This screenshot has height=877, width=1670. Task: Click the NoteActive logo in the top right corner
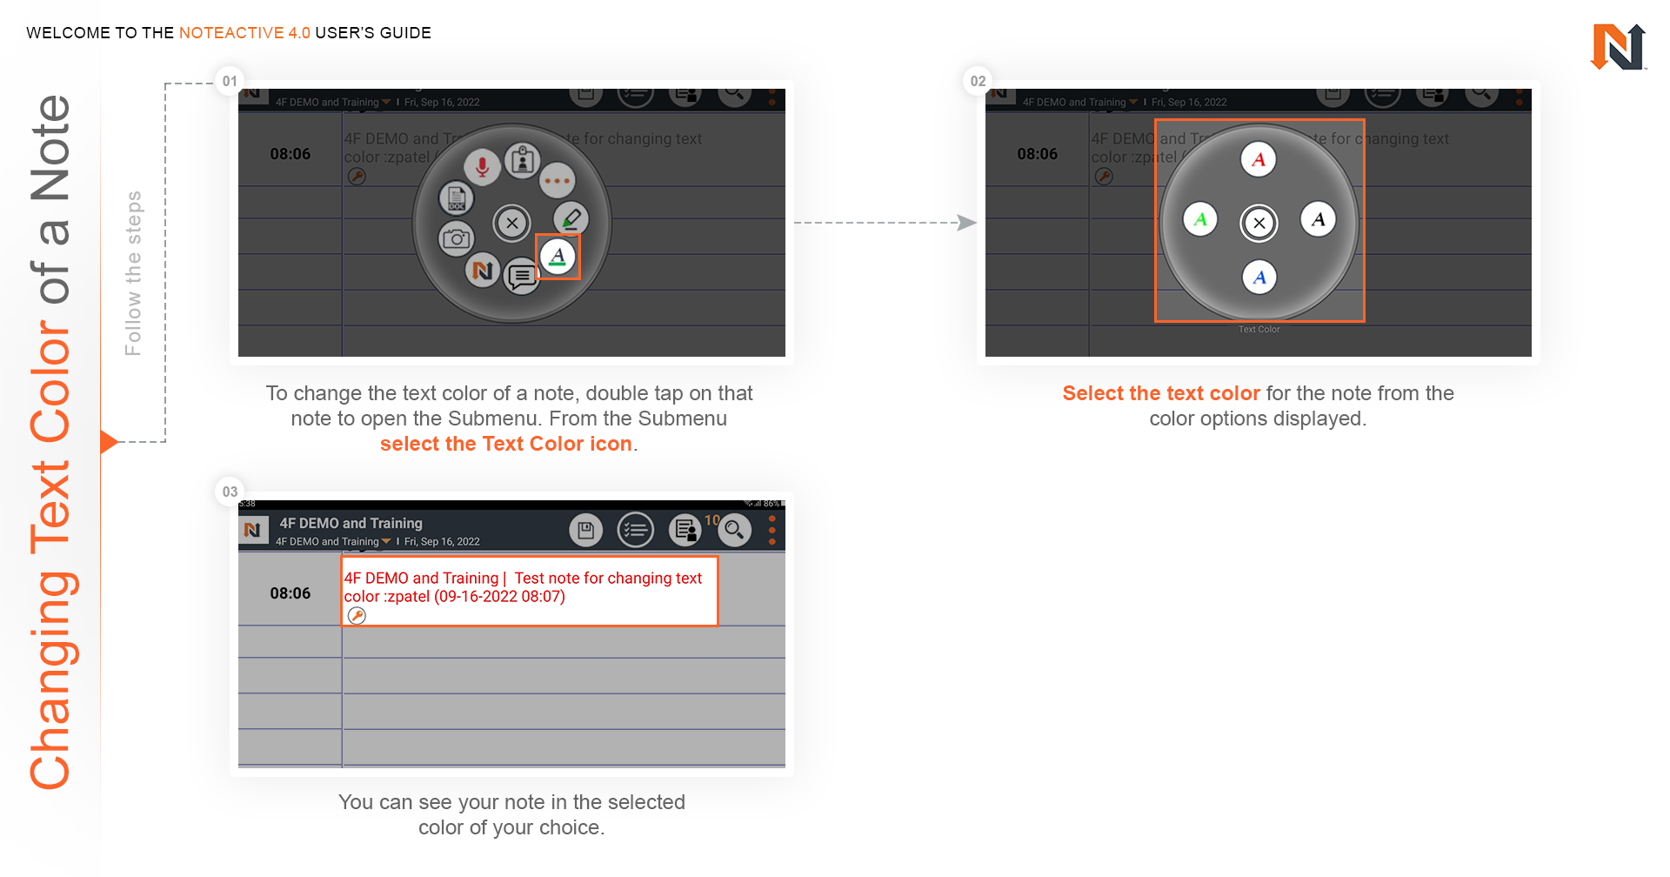pos(1618,47)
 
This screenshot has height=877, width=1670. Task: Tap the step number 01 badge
pos(230,81)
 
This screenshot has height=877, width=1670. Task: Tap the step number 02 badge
pos(978,81)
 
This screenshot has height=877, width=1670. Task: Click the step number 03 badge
pos(230,492)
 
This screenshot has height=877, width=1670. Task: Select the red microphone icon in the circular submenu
pos(482,165)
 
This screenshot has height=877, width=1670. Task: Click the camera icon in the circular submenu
pos(456,238)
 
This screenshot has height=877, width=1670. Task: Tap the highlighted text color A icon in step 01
pos(558,257)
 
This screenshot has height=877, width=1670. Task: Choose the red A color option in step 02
pos(1258,160)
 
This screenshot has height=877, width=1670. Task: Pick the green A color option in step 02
pos(1200,219)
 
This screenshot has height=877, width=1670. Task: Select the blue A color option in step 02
pos(1259,278)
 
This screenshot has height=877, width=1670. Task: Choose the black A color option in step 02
pos(1318,219)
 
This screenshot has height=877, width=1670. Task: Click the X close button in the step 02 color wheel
pos(1259,223)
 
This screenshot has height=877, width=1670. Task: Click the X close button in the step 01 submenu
pos(512,223)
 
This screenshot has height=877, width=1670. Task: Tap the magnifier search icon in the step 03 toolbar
pos(734,529)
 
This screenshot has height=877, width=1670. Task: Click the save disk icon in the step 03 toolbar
pos(586,529)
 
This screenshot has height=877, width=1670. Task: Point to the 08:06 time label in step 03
pos(290,593)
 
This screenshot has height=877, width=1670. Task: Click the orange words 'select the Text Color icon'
pos(505,444)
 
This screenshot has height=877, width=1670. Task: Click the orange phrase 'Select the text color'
pos(1160,393)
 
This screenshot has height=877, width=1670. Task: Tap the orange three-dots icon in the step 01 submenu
pos(557,181)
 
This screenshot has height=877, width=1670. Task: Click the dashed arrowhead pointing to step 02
pos(966,223)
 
